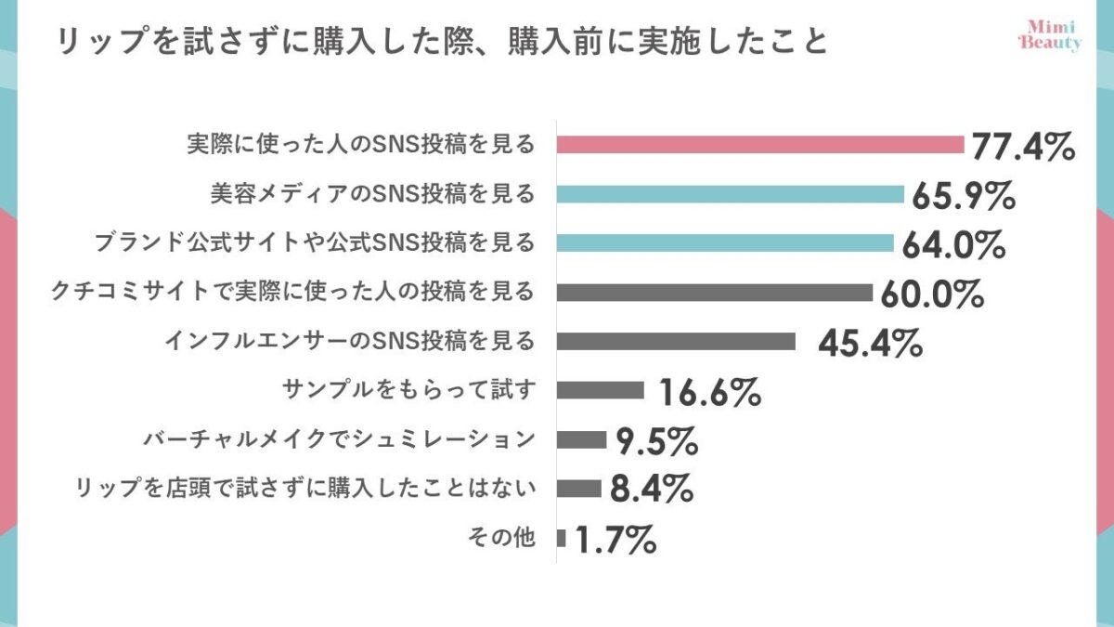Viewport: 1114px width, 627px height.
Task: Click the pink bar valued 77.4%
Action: (x=761, y=145)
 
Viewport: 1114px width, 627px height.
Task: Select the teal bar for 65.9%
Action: (x=731, y=194)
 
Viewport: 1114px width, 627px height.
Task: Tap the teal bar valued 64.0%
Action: (x=725, y=243)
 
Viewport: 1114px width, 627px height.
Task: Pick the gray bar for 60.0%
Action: (x=715, y=293)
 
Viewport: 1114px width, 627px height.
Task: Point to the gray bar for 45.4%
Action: (x=676, y=342)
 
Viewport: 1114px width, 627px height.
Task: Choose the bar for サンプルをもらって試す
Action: (x=601, y=390)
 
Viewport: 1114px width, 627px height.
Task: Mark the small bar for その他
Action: (x=562, y=538)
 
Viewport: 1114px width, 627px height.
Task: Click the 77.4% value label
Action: (x=1023, y=147)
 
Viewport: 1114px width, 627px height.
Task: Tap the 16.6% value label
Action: (x=710, y=392)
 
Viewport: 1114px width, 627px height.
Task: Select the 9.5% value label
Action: (x=657, y=441)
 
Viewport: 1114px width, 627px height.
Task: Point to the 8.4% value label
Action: (x=652, y=490)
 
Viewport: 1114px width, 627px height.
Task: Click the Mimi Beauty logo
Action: (x=1050, y=35)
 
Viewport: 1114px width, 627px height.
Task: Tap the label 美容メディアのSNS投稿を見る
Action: (x=371, y=194)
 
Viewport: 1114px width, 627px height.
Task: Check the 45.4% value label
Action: (x=870, y=343)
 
